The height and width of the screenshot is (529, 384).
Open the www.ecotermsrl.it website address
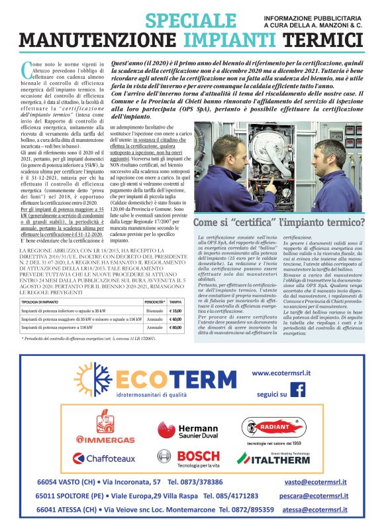[282, 373]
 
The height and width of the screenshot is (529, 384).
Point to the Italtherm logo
[273, 458]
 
